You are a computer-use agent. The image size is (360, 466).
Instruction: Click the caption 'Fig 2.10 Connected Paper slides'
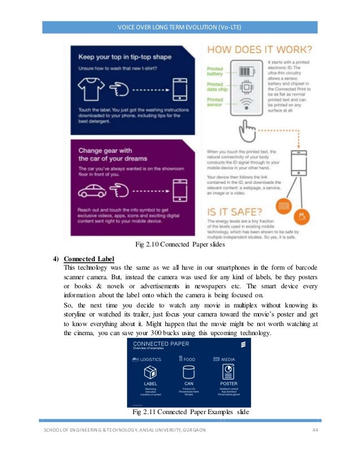(x=180, y=244)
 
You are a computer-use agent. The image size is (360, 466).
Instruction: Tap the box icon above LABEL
(x=150, y=372)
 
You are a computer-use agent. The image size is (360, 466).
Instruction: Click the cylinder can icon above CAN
(x=188, y=372)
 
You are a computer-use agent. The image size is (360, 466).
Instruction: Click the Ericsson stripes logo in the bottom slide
(x=242, y=345)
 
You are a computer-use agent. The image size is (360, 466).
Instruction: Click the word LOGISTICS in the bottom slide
(x=151, y=359)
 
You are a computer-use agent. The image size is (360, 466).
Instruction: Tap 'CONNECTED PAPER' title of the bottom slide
(x=161, y=344)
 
